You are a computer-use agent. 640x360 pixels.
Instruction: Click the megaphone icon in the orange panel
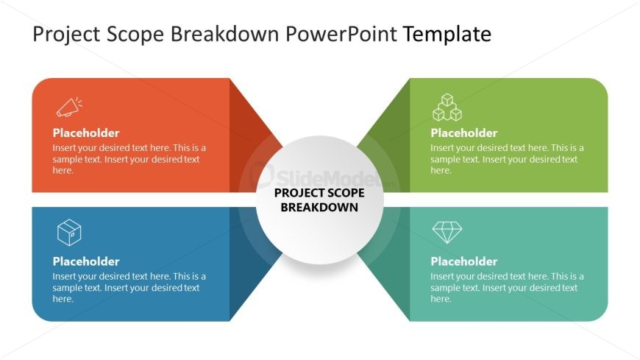click(69, 107)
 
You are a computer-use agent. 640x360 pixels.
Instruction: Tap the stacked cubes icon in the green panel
click(447, 107)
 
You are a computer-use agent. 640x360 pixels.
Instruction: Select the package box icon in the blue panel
click(69, 233)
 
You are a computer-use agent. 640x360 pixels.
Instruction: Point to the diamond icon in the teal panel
click(447, 233)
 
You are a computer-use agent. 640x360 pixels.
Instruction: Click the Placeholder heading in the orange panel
click(86, 133)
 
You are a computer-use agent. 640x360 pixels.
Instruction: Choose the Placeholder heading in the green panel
click(464, 133)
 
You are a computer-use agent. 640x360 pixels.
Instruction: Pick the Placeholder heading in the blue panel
click(86, 261)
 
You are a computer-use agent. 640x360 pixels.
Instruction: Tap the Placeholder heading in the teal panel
click(464, 261)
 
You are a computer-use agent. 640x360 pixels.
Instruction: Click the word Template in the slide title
click(447, 35)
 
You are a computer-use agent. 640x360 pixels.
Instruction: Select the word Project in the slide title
click(66, 35)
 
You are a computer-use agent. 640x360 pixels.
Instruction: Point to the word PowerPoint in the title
click(341, 34)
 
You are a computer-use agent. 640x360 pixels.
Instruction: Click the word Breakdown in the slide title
click(224, 34)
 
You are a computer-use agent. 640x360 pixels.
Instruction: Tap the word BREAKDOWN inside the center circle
click(319, 207)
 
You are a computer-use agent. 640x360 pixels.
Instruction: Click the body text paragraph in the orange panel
click(129, 159)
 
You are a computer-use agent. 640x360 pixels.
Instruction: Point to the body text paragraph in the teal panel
click(507, 288)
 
